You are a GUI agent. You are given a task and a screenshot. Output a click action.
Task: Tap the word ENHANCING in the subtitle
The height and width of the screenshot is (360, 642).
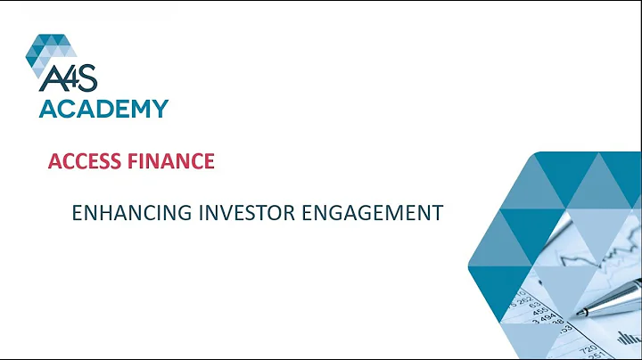tap(117, 213)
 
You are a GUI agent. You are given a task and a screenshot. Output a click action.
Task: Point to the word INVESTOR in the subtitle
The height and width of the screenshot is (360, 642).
tap(244, 213)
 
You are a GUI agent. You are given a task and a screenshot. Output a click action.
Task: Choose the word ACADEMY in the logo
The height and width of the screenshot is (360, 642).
tap(103, 109)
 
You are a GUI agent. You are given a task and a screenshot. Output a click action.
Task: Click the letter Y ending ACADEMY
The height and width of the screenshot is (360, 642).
tap(159, 109)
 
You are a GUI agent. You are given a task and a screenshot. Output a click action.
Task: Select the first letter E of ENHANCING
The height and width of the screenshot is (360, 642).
tap(76, 213)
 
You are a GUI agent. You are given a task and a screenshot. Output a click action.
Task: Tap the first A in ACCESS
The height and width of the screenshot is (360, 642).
tap(53, 161)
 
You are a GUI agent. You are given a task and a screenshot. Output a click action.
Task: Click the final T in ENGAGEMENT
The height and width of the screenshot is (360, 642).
tap(437, 213)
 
